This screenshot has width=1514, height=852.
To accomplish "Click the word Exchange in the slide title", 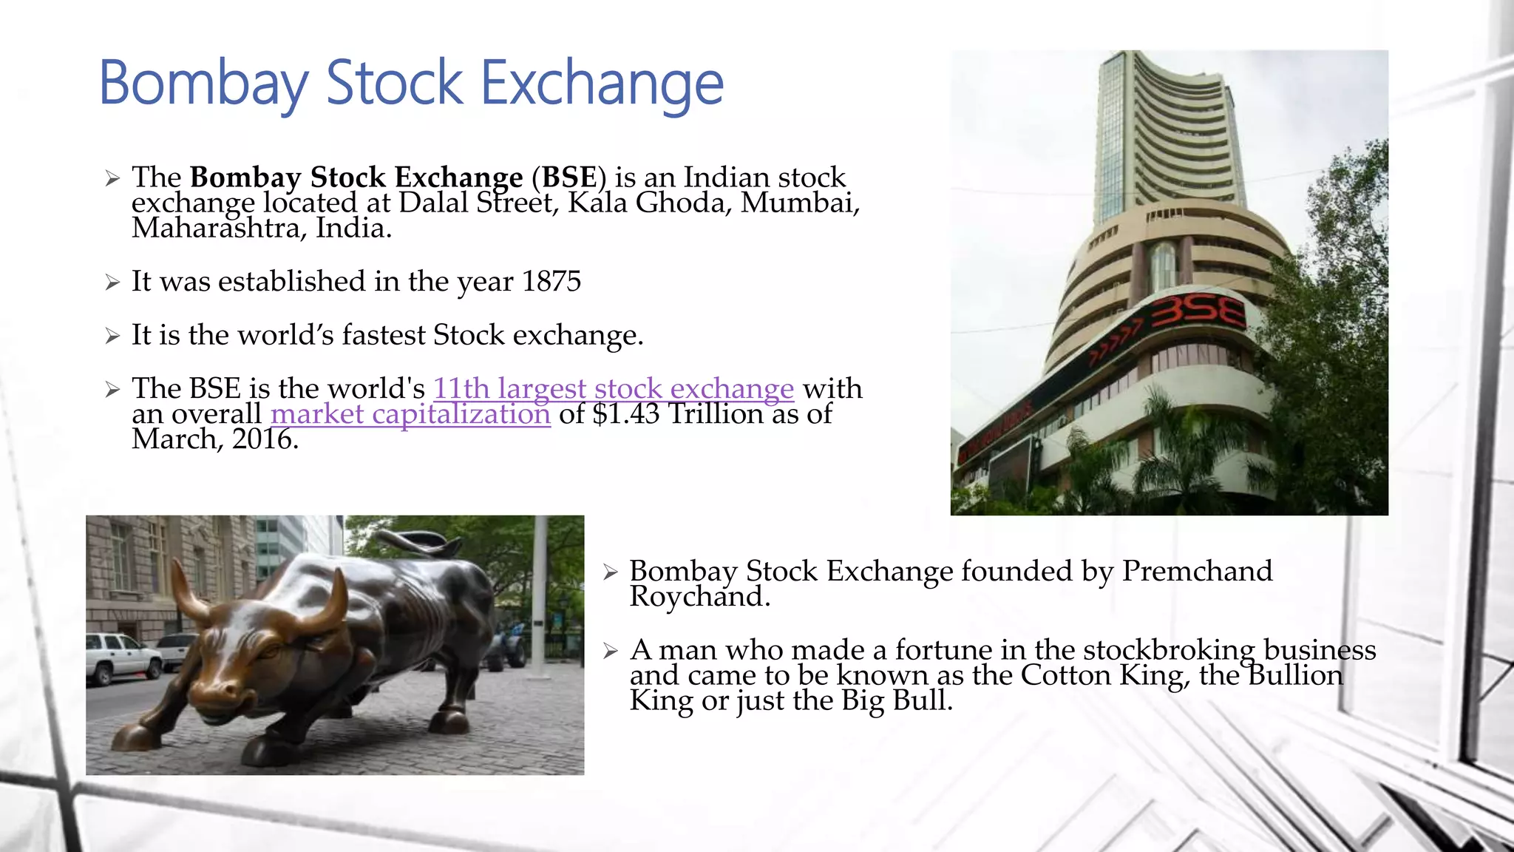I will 602,83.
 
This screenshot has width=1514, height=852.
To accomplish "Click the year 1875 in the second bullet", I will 551,281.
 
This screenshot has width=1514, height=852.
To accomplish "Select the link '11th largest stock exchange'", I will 613,388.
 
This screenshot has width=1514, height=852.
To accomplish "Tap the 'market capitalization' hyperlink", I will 410,414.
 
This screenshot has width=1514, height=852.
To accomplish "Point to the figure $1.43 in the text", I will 626,414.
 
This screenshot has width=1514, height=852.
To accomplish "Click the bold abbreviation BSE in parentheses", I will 568,177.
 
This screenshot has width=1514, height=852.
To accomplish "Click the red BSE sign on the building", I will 1198,314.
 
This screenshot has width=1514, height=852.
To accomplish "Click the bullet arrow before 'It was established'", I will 112,283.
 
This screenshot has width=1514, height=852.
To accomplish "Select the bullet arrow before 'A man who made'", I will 610,651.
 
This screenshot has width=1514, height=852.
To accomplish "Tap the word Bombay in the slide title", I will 203,83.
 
